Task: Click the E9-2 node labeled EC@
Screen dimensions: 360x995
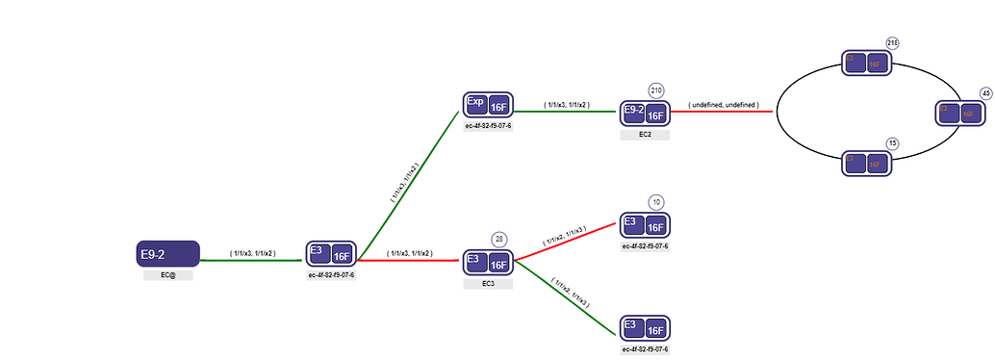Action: tap(168, 254)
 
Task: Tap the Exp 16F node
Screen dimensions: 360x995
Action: tap(488, 106)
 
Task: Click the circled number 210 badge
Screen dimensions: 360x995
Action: tap(657, 90)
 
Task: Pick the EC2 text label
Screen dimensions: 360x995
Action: tap(645, 135)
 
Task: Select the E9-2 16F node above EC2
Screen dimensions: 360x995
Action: tap(645, 113)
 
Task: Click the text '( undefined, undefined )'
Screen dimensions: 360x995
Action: tap(724, 104)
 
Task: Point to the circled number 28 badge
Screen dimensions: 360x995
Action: tap(499, 239)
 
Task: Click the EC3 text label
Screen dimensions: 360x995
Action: tap(488, 284)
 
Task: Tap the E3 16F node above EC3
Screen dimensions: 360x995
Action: tap(488, 261)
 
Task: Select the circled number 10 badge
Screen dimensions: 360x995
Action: tap(656, 202)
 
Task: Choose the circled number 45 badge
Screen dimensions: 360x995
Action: tap(985, 92)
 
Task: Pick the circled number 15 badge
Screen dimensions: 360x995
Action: tap(892, 143)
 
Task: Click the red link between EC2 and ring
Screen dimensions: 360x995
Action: tap(722, 112)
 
